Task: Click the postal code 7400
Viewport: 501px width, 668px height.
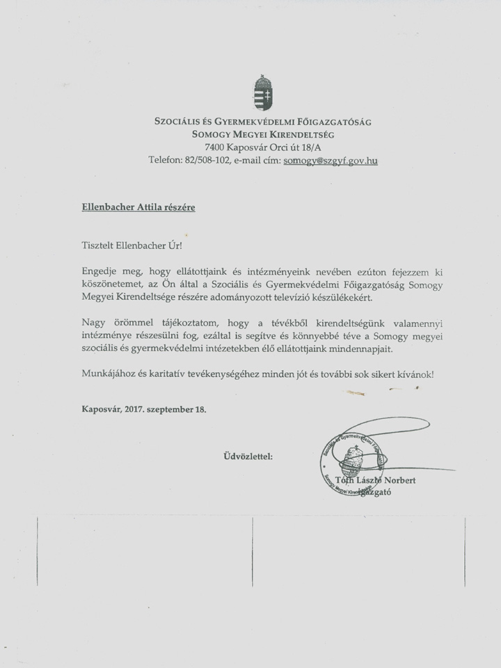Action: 216,147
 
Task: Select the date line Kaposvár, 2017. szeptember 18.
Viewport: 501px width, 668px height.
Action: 143,409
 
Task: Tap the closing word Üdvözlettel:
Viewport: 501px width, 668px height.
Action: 248,456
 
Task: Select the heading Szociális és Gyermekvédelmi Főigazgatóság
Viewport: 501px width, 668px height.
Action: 262,122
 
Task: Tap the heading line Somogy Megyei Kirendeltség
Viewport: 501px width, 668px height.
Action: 262,134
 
